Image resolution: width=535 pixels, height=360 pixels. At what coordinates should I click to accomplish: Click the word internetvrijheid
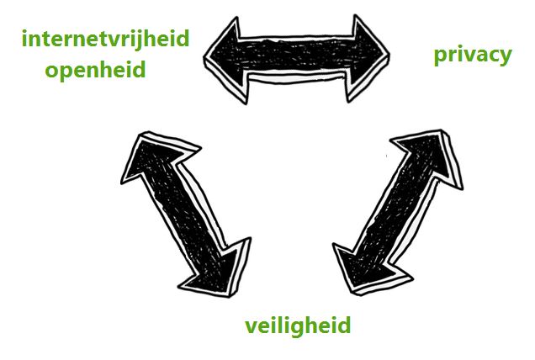(105, 39)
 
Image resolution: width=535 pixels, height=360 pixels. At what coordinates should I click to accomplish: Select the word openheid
(96, 68)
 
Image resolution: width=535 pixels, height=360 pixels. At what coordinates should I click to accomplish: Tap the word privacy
(472, 56)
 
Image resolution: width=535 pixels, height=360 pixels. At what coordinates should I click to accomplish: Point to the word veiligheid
(297, 326)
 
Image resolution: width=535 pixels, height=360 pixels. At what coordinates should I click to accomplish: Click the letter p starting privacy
(440, 57)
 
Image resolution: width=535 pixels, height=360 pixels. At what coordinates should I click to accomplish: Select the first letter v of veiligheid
(251, 326)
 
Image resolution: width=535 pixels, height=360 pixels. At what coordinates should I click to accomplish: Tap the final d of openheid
(138, 68)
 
